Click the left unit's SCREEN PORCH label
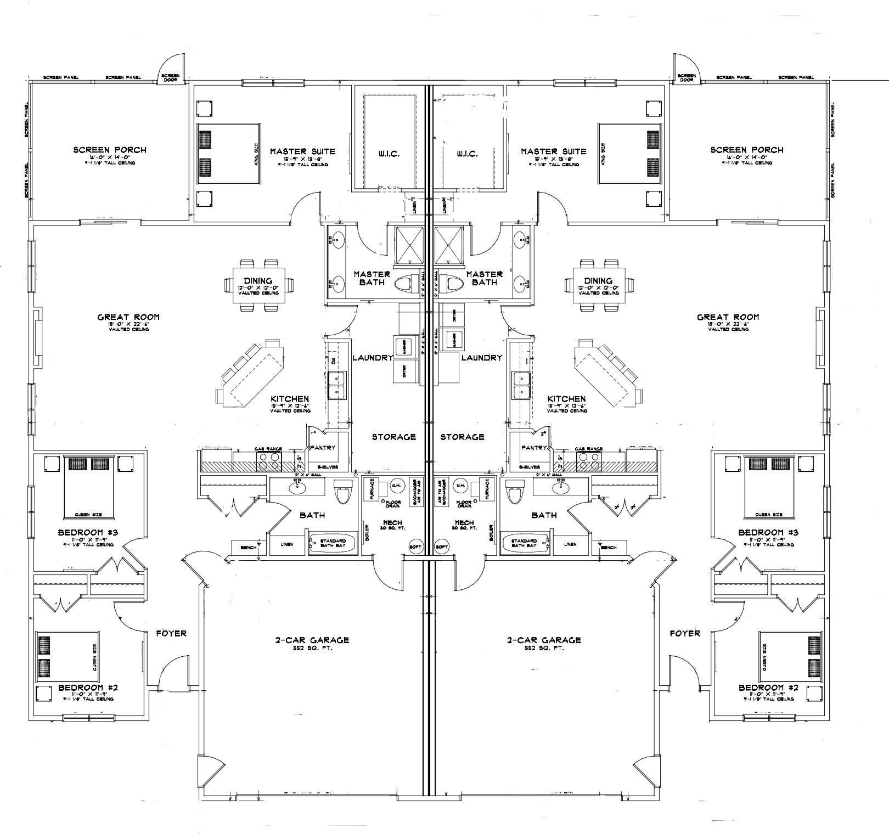[x=110, y=150]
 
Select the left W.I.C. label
[x=387, y=154]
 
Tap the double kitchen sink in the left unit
[x=337, y=385]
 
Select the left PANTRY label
[x=322, y=448]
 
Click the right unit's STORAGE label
[x=462, y=437]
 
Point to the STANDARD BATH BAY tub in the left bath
[x=333, y=543]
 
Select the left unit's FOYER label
[x=171, y=633]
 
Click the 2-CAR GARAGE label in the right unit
[x=544, y=640]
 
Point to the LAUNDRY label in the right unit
[x=482, y=358]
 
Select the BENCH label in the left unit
[x=249, y=547]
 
